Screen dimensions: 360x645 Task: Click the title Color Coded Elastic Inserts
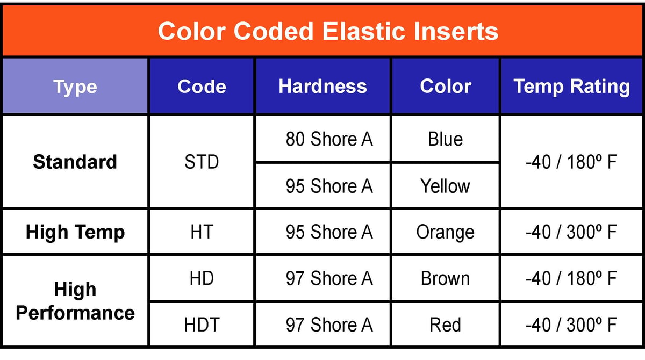coord(328,31)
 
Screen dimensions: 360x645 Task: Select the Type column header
coord(75,87)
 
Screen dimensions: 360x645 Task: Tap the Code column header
coord(202,87)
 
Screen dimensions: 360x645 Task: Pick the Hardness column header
coord(322,87)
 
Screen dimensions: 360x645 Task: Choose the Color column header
coord(446,87)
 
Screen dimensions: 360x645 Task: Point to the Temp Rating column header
coord(571,87)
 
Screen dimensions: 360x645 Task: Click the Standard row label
coord(75,162)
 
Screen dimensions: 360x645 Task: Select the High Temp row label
coord(75,232)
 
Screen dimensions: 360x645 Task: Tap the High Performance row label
coord(75,301)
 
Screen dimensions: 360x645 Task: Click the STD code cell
coord(202,162)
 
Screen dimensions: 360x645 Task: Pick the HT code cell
coord(202,232)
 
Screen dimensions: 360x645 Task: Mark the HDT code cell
coord(202,325)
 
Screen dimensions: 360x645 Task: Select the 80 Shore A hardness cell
coord(329,139)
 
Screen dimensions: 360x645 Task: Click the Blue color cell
coord(446,139)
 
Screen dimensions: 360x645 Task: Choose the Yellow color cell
coord(446,186)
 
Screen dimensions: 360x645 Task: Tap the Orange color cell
coord(446,232)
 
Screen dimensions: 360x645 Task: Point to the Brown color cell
coord(446,278)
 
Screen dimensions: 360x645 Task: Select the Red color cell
coord(446,325)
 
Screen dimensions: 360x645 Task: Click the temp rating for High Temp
coord(571,232)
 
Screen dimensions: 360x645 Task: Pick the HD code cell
coord(202,278)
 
